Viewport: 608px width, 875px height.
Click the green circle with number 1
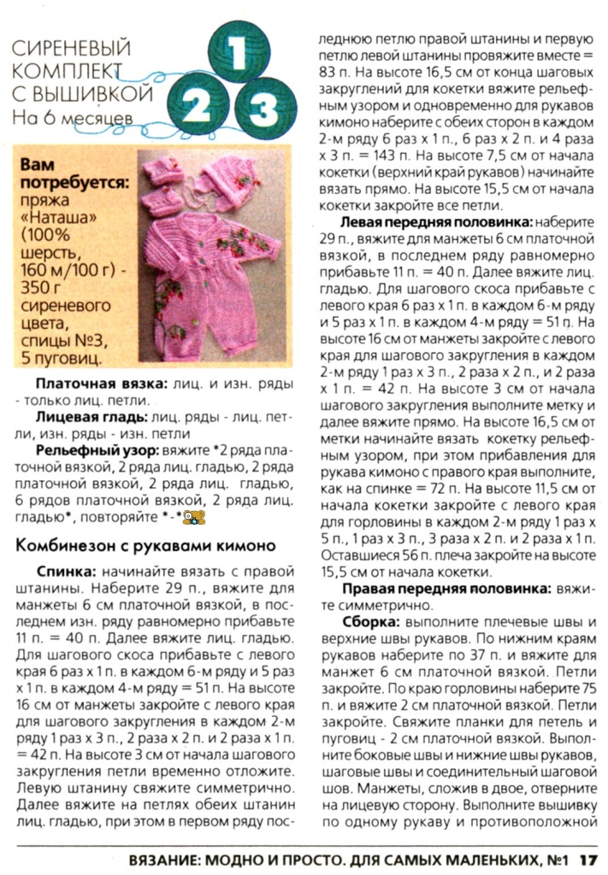(x=238, y=53)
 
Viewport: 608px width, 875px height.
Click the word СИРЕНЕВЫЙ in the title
(x=71, y=49)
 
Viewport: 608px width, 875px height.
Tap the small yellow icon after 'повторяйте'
(x=196, y=517)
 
